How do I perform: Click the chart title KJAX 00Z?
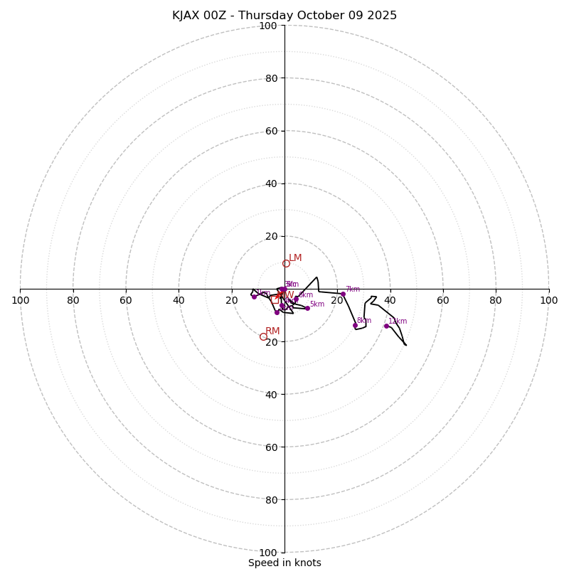click(x=284, y=16)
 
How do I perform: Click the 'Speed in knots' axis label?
click(x=284, y=563)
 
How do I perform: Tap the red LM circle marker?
click(x=286, y=263)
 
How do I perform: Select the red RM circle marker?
click(x=263, y=337)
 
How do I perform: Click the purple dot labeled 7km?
click(x=343, y=294)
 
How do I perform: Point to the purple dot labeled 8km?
click(x=355, y=325)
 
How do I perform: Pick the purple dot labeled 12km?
click(x=386, y=326)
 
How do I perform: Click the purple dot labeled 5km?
click(x=307, y=308)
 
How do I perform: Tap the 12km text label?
click(x=398, y=321)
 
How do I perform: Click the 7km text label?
click(x=353, y=289)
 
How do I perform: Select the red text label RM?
click(x=272, y=331)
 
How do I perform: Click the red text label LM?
click(x=295, y=258)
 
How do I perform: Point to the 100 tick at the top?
click(x=267, y=26)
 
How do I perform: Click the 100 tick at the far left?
click(x=20, y=300)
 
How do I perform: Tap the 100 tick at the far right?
click(x=548, y=300)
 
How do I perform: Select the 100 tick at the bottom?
click(x=267, y=553)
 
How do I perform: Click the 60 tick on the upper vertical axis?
click(x=270, y=131)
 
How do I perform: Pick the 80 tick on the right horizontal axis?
click(x=496, y=300)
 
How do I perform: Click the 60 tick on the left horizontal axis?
click(x=126, y=300)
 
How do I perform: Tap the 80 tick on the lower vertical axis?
click(x=270, y=500)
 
